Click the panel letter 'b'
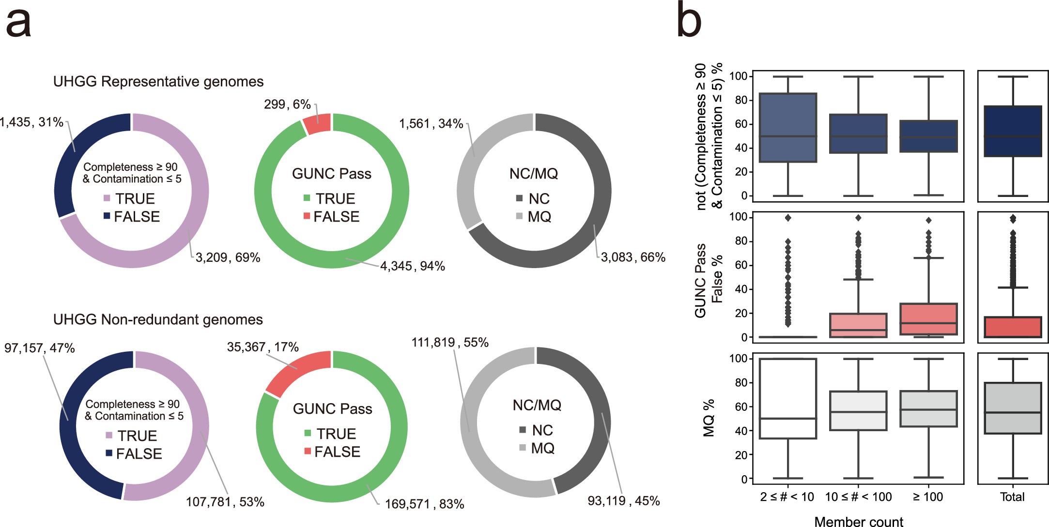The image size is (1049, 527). click(689, 20)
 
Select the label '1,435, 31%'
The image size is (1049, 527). click(31, 122)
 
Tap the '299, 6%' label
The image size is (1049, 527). click(287, 105)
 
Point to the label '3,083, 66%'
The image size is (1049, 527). click(633, 257)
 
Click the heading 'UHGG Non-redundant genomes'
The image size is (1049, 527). click(158, 320)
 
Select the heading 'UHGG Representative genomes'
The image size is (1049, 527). click(158, 82)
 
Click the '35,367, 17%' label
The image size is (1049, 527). click(262, 347)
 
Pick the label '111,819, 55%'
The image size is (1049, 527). click(450, 343)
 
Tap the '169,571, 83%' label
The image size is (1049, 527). click(424, 504)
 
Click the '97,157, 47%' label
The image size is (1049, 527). click(40, 348)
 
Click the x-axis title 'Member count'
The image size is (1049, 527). click(858, 522)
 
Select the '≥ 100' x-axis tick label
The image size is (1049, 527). click(928, 497)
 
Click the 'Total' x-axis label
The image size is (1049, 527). click(1012, 497)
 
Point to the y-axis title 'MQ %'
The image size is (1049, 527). click(709, 418)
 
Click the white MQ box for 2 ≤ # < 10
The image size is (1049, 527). click(788, 398)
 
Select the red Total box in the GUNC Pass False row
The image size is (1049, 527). click(1013, 327)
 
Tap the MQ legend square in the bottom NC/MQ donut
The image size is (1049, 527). click(523, 448)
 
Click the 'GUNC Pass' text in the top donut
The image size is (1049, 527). click(331, 174)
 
